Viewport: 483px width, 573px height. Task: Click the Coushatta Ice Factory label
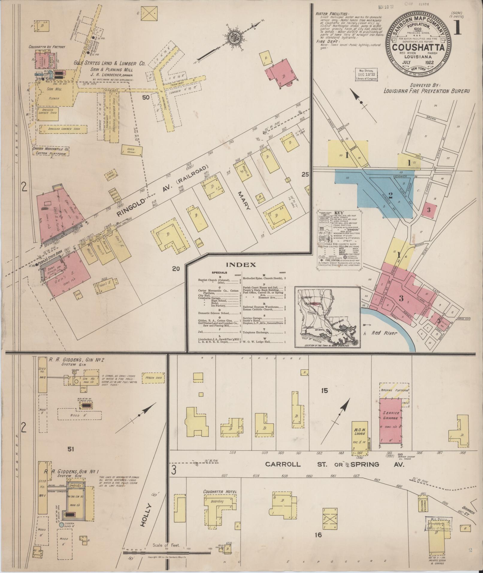pyautogui.click(x=47, y=47)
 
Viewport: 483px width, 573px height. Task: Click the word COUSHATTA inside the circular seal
pyautogui.click(x=418, y=48)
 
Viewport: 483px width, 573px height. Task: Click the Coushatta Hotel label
pyautogui.click(x=220, y=492)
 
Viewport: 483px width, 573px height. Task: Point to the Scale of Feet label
pyautogui.click(x=166, y=545)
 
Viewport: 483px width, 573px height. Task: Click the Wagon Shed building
pyautogui.click(x=154, y=378)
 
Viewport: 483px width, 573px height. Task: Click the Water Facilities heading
pyautogui.click(x=332, y=14)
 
